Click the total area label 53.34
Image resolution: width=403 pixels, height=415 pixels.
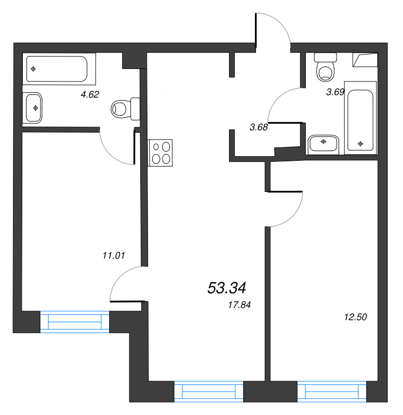coord(227,288)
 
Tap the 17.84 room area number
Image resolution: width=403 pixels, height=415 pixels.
coord(239,305)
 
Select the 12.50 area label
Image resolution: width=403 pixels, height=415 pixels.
coord(355,317)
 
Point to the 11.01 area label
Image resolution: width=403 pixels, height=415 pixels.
coord(113,255)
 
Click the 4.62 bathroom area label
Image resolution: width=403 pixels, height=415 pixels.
coord(90,94)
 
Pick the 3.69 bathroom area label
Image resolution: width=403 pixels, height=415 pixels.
coord(335,92)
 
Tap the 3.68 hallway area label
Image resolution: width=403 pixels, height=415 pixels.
coord(259,127)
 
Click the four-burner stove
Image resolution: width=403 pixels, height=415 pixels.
coord(160,153)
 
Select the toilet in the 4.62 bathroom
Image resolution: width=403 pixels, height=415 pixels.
coord(125,109)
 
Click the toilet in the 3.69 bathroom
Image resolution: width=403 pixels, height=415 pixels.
coord(326,67)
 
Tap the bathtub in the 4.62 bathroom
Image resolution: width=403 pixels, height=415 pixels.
coord(59,69)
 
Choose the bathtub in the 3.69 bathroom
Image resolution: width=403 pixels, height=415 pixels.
coord(360,118)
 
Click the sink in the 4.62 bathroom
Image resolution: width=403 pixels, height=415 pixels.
coord(33,108)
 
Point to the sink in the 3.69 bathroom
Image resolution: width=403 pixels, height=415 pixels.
coord(324,145)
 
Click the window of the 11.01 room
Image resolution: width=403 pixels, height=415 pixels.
coord(74,322)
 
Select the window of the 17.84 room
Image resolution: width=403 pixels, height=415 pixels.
coord(209,392)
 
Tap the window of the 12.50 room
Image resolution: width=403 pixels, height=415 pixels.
coord(332,392)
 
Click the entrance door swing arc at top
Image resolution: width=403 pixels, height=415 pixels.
coord(281,22)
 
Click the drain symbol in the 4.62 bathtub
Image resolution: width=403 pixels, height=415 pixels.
coord(33,69)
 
